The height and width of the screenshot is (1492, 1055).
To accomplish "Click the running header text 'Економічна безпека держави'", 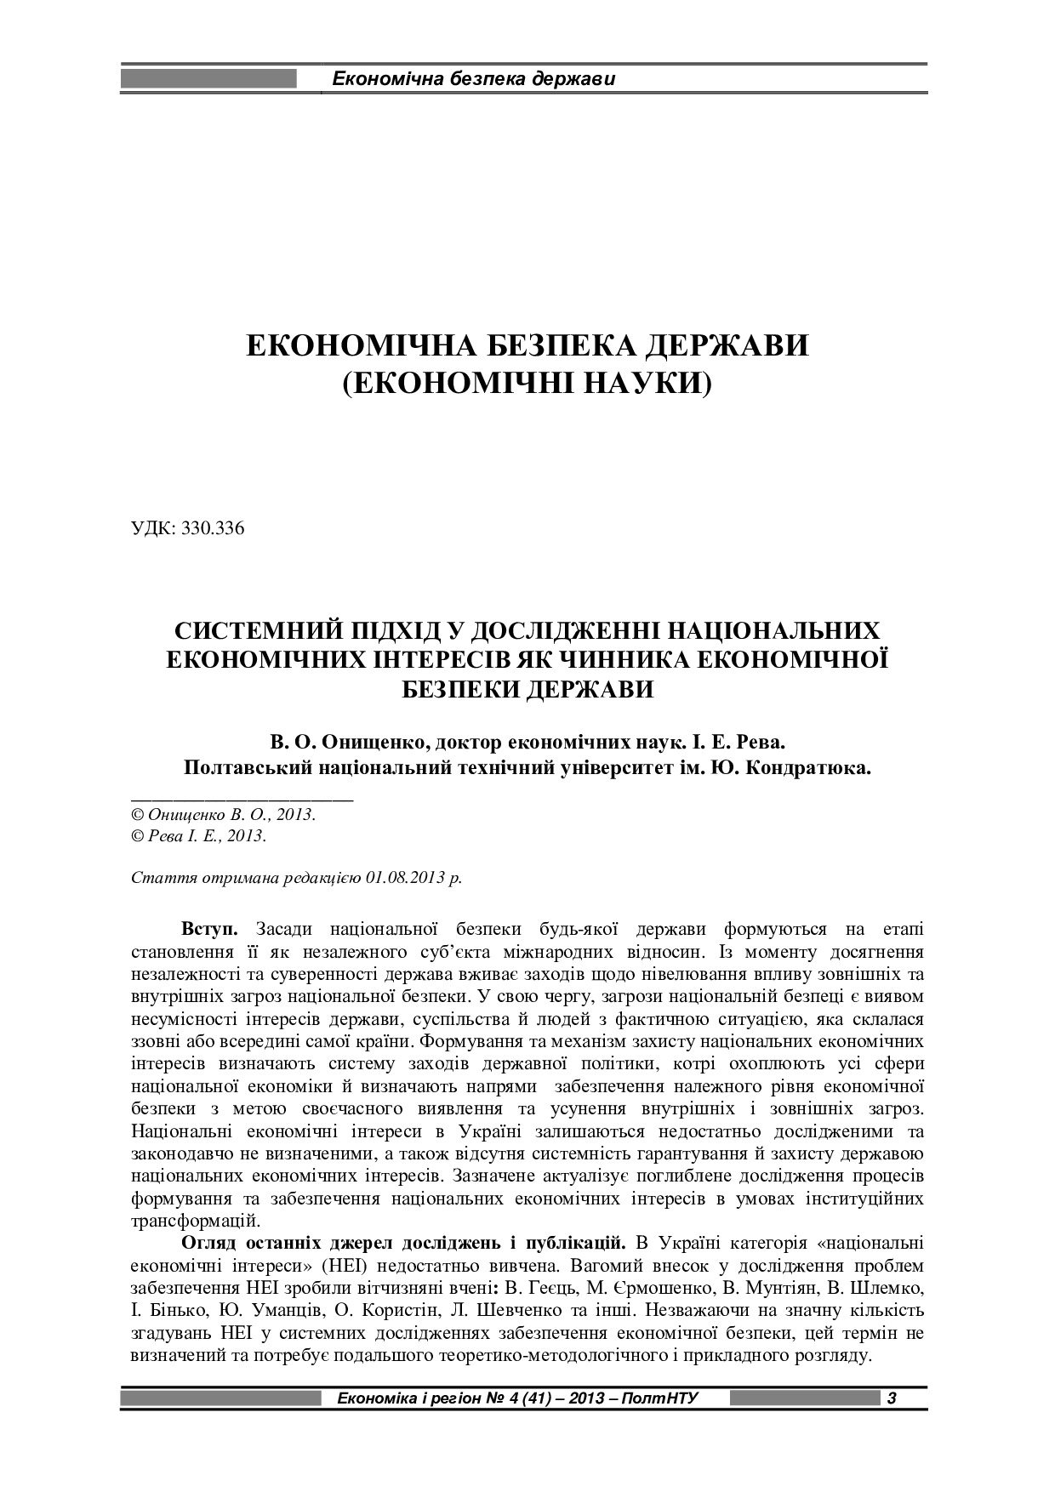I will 473,80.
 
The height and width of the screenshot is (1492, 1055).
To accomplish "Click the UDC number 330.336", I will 213,528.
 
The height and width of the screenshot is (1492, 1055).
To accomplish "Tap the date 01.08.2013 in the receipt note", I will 406,878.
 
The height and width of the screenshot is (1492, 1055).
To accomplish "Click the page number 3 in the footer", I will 891,1398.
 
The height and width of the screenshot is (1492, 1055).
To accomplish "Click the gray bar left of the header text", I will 209,80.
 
